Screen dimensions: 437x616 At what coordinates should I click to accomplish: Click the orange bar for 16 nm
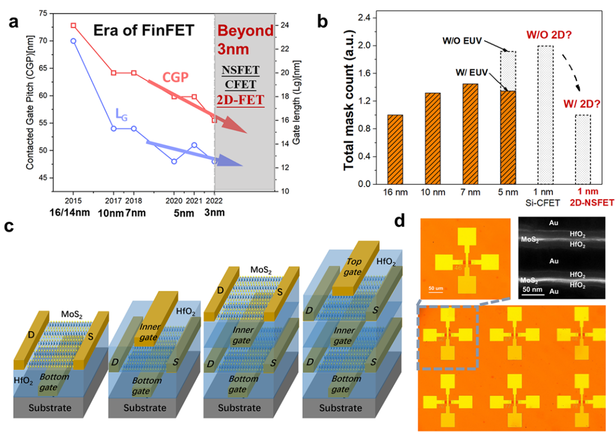(395, 149)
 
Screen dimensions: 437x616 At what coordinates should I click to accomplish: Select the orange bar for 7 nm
(470, 134)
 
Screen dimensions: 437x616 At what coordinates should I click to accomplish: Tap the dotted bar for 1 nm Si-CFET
(545, 115)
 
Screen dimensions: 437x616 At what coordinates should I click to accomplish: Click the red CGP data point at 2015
(73, 26)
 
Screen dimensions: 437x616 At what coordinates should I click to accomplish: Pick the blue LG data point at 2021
(194, 145)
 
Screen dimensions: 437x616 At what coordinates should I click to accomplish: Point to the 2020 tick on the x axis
(174, 199)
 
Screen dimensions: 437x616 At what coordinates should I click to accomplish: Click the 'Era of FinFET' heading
(143, 30)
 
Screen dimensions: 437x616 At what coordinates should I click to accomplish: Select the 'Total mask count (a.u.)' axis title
(349, 101)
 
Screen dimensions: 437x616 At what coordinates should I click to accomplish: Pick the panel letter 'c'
(10, 227)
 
